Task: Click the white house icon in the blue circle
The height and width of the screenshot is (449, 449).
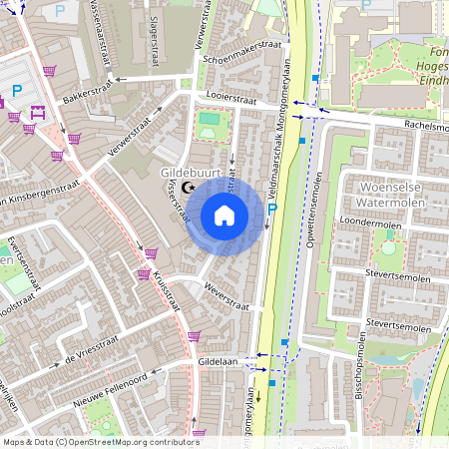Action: click(x=224, y=215)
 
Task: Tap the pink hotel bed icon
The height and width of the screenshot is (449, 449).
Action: click(x=38, y=113)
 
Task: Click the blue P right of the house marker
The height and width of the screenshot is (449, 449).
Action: click(x=271, y=209)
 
